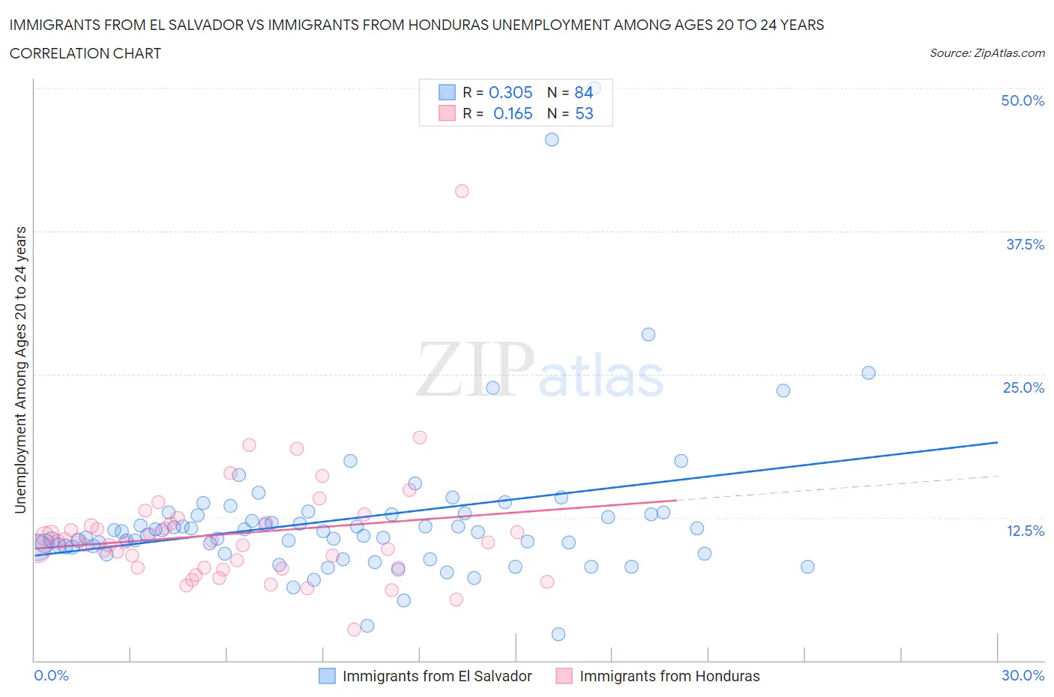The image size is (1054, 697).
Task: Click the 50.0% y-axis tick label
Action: click(1022, 100)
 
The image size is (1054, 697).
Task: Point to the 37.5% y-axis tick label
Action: click(1024, 244)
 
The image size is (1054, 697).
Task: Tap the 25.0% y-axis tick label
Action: click(1023, 387)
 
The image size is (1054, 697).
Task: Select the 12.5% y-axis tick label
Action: click(1024, 531)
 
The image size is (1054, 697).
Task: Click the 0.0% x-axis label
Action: click(51, 675)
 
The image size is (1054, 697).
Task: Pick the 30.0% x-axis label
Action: click(1023, 675)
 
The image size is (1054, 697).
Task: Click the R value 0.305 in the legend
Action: click(511, 92)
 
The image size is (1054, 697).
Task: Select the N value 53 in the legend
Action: click(584, 113)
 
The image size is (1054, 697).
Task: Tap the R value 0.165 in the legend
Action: click(512, 113)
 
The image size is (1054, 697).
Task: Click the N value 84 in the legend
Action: click(584, 92)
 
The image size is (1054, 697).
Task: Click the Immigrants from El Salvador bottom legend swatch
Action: click(327, 676)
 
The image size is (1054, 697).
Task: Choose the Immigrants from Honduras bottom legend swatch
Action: click(564, 676)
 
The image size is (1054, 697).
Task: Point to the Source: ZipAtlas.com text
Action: click(987, 53)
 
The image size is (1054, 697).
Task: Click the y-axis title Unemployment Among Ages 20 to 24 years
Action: click(20, 370)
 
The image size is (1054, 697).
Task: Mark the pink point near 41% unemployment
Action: click(462, 191)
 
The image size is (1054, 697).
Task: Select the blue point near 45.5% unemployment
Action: click(552, 139)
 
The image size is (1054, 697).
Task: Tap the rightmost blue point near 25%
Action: click(868, 372)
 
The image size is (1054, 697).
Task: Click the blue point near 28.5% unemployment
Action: click(648, 334)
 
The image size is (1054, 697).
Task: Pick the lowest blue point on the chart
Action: click(558, 634)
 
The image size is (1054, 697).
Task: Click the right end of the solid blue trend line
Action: click(997, 442)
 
